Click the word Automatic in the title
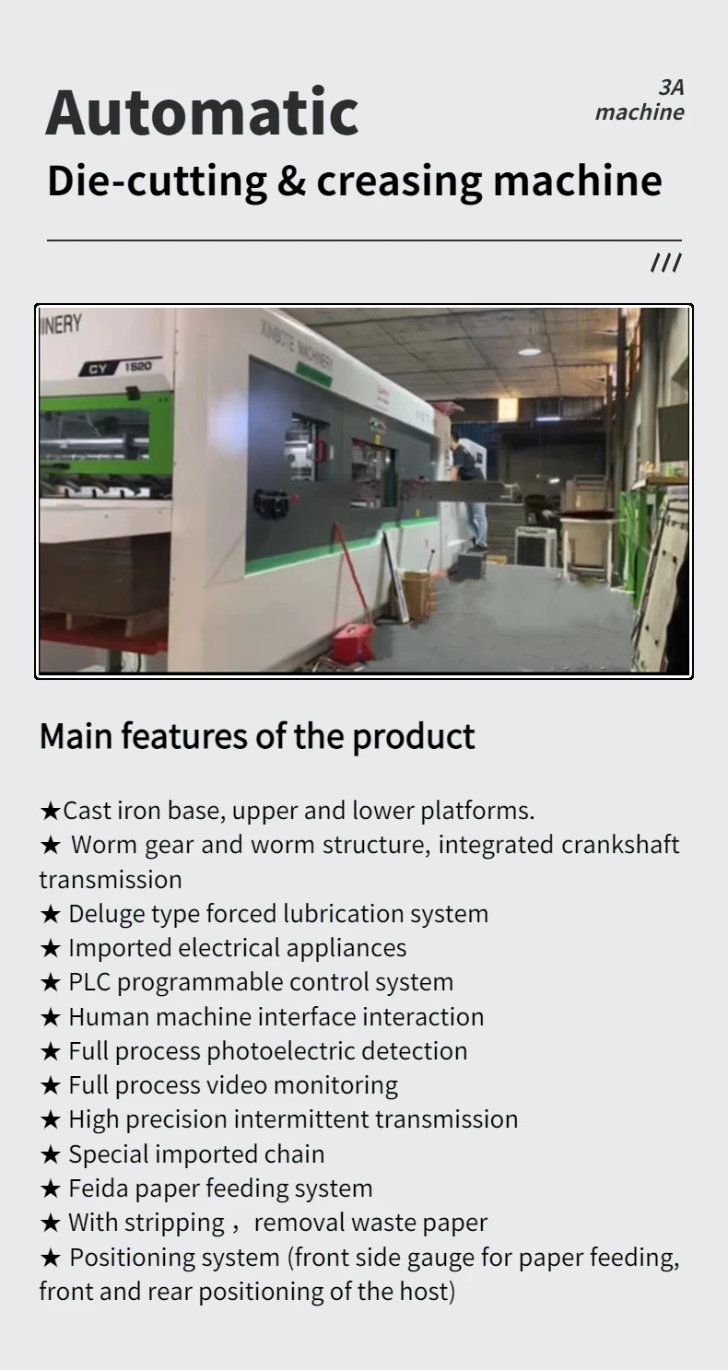pos(201,112)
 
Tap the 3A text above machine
pos(671,88)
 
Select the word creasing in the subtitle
pos(398,181)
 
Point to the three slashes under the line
pos(665,263)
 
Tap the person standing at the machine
pos(469,488)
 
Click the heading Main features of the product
pos(256,736)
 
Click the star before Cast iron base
pos(50,812)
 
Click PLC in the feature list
pos(89,982)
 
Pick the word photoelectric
pos(282,1051)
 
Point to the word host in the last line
pos(427,1292)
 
